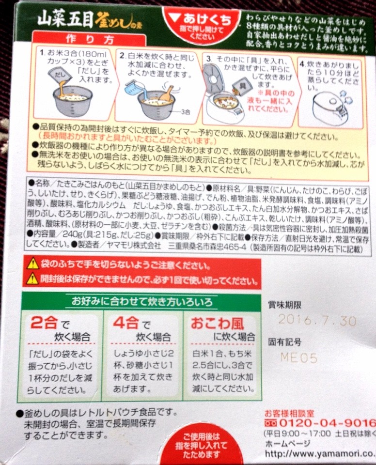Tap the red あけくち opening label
tap(201, 20)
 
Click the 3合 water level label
tap(185, 111)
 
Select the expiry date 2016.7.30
tap(317, 321)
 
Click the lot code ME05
tap(299, 357)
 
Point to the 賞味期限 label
tap(285, 305)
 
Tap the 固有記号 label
tap(285, 342)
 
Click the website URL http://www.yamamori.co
tap(320, 455)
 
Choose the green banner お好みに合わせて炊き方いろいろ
tap(141, 302)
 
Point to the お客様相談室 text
tap(289, 413)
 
